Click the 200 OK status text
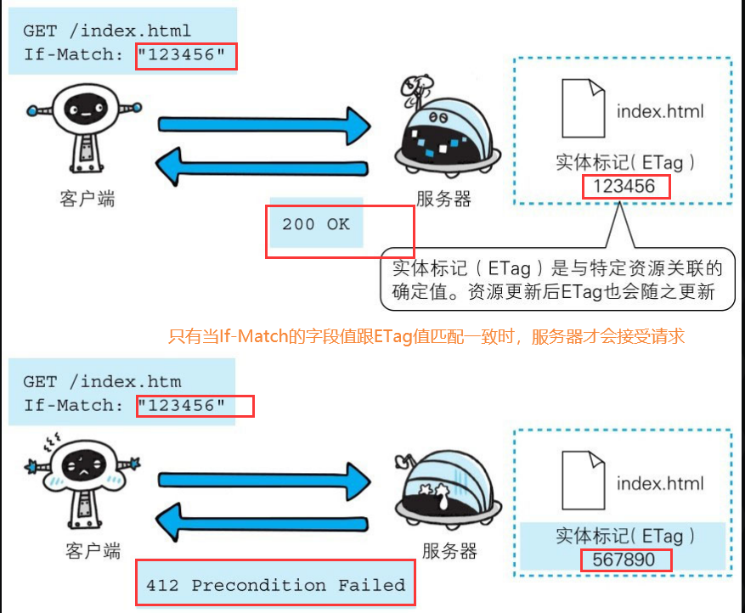(x=315, y=224)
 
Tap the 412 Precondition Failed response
(x=275, y=585)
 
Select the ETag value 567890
(x=625, y=561)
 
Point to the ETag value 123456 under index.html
(x=625, y=186)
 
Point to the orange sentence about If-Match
(x=426, y=337)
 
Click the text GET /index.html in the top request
(x=107, y=31)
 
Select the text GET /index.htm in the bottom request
(x=102, y=381)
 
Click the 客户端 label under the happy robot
(x=87, y=200)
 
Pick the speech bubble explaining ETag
(x=554, y=279)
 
